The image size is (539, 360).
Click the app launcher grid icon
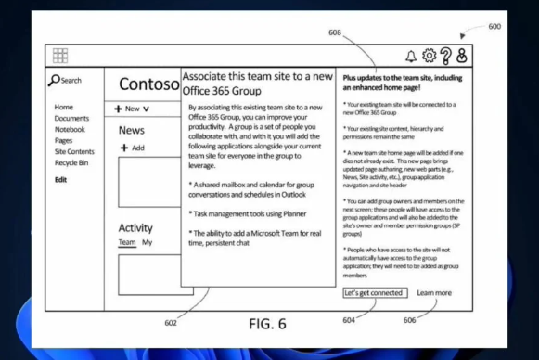click(x=60, y=56)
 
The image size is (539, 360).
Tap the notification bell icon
click(x=411, y=56)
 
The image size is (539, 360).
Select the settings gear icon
click(x=429, y=56)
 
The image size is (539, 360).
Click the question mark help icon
click(x=445, y=56)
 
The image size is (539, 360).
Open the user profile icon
click(x=462, y=56)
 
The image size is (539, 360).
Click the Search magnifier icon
click(x=55, y=81)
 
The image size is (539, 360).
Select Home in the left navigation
click(x=64, y=108)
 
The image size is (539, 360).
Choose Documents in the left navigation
click(x=71, y=119)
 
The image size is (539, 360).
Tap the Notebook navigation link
click(x=71, y=130)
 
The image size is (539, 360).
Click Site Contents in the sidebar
click(x=74, y=151)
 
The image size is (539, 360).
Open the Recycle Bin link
click(x=71, y=162)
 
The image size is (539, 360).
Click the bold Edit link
click(x=60, y=179)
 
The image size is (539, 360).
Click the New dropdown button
click(x=133, y=109)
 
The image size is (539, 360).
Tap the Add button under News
click(x=132, y=148)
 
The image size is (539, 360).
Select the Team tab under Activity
click(x=126, y=243)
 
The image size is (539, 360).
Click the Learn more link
click(x=434, y=293)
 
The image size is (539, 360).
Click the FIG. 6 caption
click(x=268, y=325)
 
